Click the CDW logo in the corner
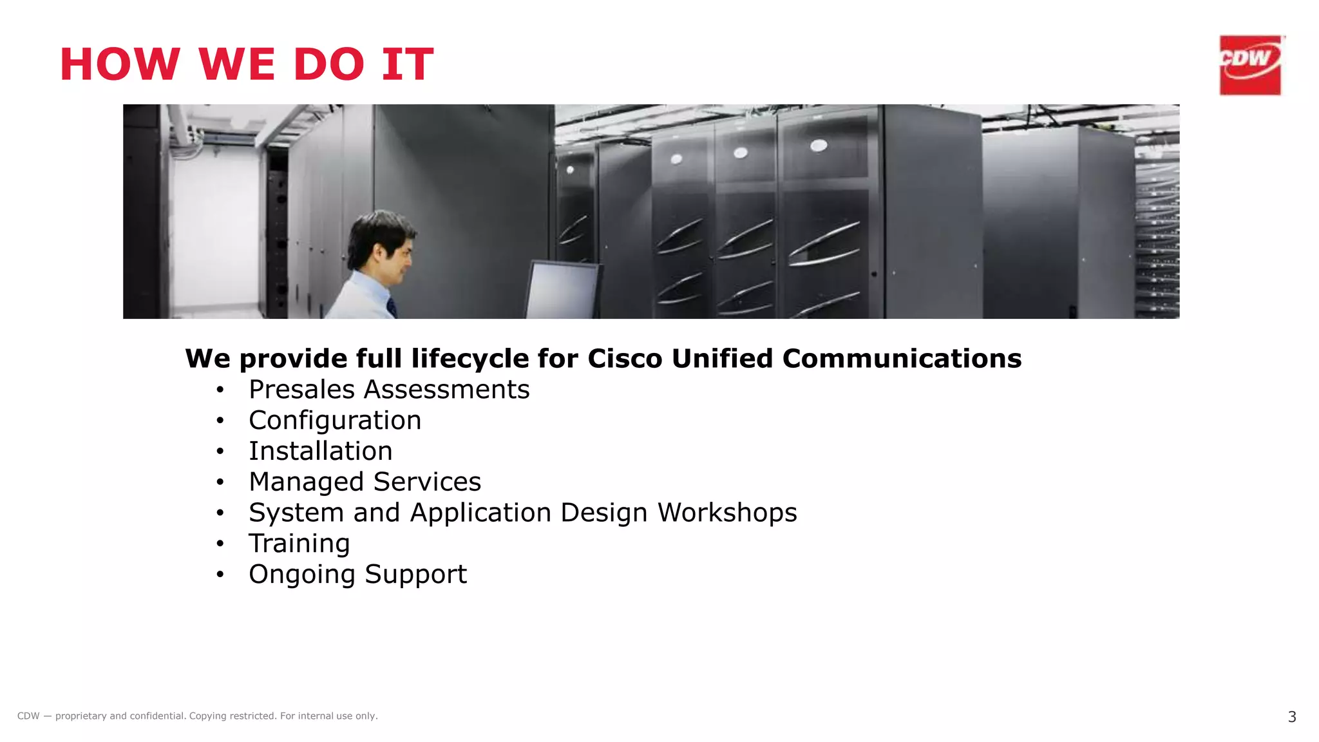(1250, 65)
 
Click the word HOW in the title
(120, 64)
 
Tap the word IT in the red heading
(408, 64)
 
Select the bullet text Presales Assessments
(389, 390)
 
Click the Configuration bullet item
(335, 421)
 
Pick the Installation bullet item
(320, 452)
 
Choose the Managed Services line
(365, 482)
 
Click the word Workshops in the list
(726, 513)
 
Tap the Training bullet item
(299, 544)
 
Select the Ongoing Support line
(357, 575)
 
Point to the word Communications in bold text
(902, 359)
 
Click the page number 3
(1291, 717)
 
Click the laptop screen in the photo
(562, 290)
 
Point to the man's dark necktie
(391, 307)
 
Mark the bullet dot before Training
(220, 544)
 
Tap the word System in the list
(296, 513)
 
